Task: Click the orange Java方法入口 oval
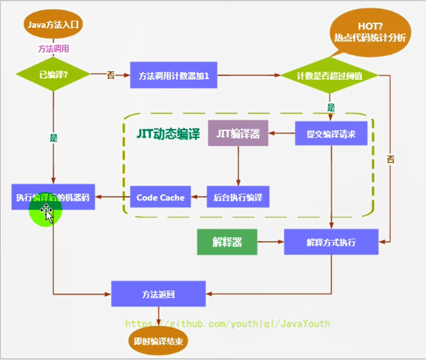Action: point(53,23)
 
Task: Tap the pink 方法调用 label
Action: point(53,48)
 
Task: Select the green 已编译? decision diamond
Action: point(53,75)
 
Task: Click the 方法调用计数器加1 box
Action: point(174,75)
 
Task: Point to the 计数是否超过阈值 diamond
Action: point(329,75)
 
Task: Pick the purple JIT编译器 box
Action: point(238,133)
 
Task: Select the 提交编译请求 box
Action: point(331,133)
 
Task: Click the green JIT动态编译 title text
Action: point(168,134)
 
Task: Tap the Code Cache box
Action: point(160,197)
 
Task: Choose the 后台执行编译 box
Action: point(238,197)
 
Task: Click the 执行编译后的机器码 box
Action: point(53,197)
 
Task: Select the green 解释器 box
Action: point(227,242)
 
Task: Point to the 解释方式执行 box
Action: point(331,242)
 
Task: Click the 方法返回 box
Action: point(158,294)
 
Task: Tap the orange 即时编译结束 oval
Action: point(158,341)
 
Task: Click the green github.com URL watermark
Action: point(228,324)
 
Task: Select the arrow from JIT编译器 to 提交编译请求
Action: point(282,133)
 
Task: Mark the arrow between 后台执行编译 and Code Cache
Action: point(199,197)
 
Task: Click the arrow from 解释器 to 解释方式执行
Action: point(271,242)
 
